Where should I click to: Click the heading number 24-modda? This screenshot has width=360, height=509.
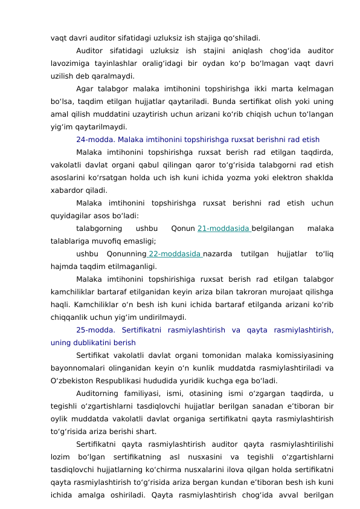click(x=94, y=139)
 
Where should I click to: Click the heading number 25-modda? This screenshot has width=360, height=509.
click(x=94, y=331)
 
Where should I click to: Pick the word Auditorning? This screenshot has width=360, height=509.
click(x=98, y=394)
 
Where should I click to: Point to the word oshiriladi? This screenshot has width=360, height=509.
click(x=122, y=495)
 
